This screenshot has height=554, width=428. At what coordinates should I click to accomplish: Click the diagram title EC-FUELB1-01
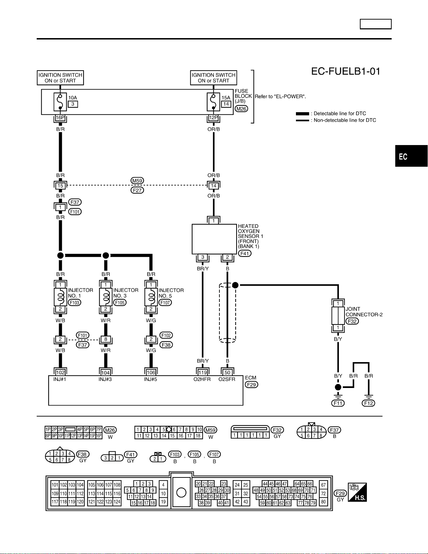click(346, 71)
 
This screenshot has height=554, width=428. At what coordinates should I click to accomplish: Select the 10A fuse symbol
click(60, 102)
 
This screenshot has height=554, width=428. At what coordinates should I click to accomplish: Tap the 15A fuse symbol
click(213, 102)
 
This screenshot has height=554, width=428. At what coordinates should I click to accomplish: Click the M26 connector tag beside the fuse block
click(241, 109)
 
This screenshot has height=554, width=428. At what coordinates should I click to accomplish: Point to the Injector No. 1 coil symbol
click(60, 297)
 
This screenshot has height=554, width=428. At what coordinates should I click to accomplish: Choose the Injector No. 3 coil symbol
click(106, 297)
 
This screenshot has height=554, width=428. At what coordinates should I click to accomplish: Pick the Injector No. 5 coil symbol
click(151, 297)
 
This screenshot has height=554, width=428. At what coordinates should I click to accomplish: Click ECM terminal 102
click(60, 372)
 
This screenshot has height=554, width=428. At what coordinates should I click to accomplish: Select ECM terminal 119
click(203, 372)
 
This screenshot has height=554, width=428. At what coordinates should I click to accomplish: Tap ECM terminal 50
click(227, 372)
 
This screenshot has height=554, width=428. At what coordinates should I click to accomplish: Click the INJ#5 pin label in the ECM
click(150, 379)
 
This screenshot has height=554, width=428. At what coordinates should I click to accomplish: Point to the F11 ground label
click(338, 403)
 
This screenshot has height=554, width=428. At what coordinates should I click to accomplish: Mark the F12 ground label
click(368, 403)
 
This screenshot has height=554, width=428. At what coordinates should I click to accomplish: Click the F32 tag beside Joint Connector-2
click(352, 321)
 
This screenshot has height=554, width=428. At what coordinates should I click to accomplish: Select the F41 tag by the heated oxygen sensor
click(245, 253)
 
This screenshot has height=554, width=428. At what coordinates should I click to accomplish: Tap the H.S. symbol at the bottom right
click(357, 492)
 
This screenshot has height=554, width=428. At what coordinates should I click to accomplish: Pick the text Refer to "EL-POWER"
click(280, 96)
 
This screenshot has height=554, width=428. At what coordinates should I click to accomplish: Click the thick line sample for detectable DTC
click(303, 114)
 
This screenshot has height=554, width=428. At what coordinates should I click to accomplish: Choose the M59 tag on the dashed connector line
click(137, 181)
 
